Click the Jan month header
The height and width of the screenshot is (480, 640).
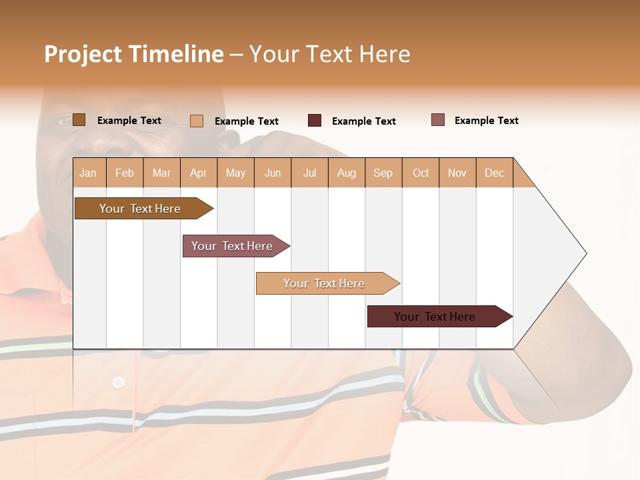click(x=88, y=173)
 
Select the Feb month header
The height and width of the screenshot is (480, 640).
click(x=125, y=173)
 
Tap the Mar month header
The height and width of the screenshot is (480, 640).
click(x=161, y=173)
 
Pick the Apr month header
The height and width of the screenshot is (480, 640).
click(x=198, y=173)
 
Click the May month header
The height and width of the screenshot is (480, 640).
click(x=235, y=173)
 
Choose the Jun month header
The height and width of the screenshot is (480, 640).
click(x=273, y=173)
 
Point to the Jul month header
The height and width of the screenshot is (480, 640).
click(x=309, y=173)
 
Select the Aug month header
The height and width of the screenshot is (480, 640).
click(x=346, y=173)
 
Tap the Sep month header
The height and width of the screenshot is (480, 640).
click(x=383, y=173)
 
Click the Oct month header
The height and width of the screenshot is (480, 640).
click(x=421, y=173)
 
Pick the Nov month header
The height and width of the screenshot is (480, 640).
click(x=457, y=173)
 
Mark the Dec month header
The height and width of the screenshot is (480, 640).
click(x=494, y=173)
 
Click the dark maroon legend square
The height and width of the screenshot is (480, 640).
click(x=315, y=121)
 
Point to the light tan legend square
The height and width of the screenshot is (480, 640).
click(x=197, y=121)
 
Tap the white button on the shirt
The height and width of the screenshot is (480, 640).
click(x=118, y=382)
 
